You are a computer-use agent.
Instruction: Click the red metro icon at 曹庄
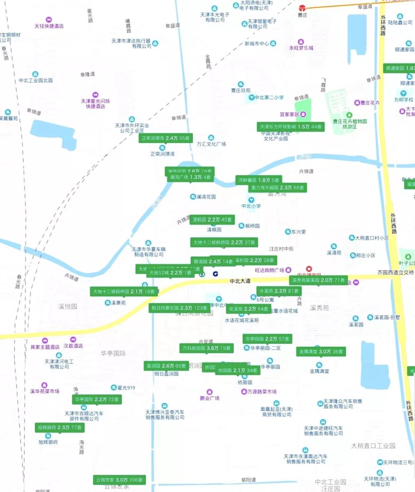click(302, 7)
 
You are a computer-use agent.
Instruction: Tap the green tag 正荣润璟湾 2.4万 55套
click(166, 138)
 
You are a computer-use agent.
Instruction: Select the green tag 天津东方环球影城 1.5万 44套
click(290, 126)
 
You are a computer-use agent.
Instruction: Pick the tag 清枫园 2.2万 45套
click(212, 220)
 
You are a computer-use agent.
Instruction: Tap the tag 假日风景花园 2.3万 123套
click(179, 308)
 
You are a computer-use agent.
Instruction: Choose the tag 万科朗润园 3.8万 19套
click(206, 348)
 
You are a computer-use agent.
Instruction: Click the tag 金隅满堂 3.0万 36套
click(321, 351)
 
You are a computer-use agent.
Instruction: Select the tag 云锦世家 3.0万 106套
click(119, 480)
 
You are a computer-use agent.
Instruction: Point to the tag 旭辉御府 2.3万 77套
click(60, 427)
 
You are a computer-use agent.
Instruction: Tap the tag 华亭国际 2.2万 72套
click(97, 399)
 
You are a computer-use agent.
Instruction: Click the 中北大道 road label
click(240, 281)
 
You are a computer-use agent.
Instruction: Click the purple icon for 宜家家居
click(303, 114)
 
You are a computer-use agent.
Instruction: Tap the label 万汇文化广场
click(211, 144)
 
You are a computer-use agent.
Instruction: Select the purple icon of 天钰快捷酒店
click(49, 20)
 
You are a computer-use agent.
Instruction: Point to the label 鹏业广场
click(210, 398)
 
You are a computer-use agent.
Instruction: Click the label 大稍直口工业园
click(373, 446)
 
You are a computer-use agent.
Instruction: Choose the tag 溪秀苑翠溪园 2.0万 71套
click(318, 280)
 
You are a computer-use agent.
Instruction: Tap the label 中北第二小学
click(269, 98)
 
